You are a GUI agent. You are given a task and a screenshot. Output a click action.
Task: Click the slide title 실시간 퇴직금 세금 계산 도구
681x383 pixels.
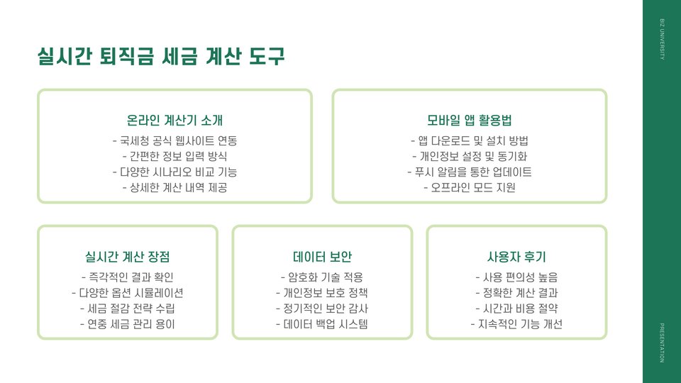point(161,56)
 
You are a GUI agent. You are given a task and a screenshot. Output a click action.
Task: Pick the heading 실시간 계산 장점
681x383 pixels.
point(127,256)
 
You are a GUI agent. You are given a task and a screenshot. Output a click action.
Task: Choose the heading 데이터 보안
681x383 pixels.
point(322,256)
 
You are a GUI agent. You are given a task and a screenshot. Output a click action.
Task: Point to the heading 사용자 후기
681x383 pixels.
point(516,256)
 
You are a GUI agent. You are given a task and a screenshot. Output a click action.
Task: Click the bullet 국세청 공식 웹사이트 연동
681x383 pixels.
point(175,140)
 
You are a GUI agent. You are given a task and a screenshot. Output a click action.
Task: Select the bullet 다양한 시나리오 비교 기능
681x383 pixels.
point(175,172)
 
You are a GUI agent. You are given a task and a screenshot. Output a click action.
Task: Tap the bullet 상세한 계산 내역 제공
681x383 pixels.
point(175,188)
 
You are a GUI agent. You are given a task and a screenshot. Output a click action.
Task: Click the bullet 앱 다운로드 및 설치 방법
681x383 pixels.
point(469,140)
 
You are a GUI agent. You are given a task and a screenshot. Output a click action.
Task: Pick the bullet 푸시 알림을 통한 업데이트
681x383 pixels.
point(469,172)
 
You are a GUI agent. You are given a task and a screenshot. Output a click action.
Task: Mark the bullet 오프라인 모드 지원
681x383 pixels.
point(469,188)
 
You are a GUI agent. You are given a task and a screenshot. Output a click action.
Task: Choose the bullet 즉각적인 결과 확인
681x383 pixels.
point(127,277)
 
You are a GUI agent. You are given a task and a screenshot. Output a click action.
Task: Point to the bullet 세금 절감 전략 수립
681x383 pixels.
point(127,309)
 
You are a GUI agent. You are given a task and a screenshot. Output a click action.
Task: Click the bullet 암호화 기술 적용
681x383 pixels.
point(322,277)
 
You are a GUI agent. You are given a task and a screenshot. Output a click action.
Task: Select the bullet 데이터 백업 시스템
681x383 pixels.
point(322,325)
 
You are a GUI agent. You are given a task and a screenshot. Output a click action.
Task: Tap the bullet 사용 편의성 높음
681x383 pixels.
point(516,277)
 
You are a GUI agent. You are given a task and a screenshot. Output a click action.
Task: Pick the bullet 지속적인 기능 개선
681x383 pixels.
point(516,325)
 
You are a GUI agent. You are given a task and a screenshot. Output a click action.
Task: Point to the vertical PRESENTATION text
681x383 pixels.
point(662,343)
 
